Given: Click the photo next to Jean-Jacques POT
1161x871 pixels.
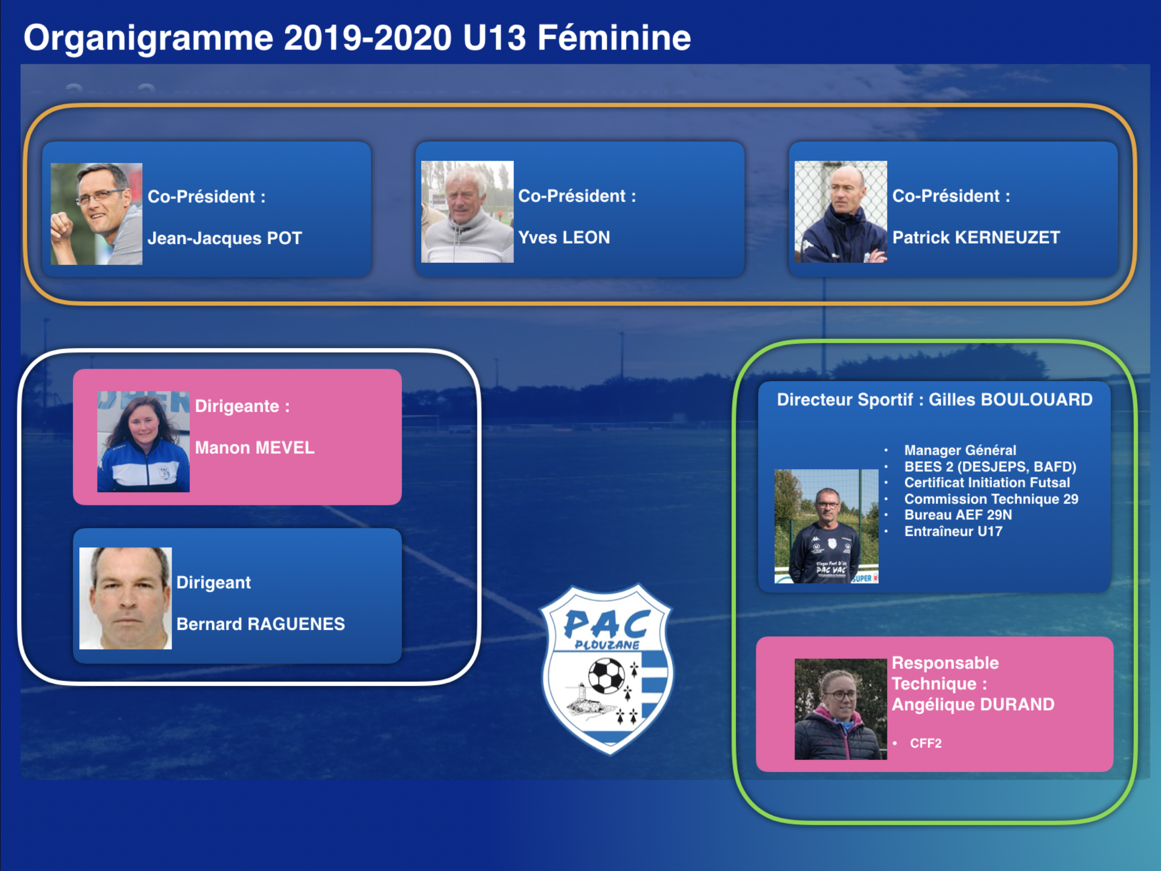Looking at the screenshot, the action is (x=96, y=213).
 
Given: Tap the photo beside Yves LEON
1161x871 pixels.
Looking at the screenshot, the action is (x=467, y=212).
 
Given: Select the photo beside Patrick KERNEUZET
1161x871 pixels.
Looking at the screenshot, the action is (x=840, y=212).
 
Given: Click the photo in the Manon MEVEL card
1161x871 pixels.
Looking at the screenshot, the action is (x=143, y=442).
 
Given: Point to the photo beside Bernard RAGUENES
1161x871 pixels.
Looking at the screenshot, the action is (x=126, y=598).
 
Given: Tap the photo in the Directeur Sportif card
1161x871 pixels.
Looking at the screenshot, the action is (x=826, y=526).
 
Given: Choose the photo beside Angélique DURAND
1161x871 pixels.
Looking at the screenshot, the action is (x=840, y=709).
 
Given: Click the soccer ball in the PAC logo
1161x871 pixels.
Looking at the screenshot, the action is (x=606, y=676).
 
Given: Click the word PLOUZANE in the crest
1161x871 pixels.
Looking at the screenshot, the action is (x=607, y=645).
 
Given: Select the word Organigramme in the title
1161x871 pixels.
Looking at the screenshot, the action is (x=148, y=38).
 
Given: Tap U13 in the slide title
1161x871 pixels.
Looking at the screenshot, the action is (x=495, y=38).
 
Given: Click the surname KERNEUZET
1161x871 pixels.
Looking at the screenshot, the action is (x=1007, y=237).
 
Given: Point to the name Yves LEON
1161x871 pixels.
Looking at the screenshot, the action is (x=564, y=237).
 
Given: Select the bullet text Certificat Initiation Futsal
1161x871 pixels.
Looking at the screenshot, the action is (x=987, y=483).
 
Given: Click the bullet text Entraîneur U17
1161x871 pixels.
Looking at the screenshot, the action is (x=953, y=531).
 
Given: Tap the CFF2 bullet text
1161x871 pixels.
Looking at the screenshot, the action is (x=925, y=743).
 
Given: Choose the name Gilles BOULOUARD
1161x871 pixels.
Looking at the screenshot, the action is (x=1010, y=400).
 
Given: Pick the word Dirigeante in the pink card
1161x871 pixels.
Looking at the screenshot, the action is (x=237, y=406).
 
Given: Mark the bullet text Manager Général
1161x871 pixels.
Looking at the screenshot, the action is (x=960, y=450).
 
